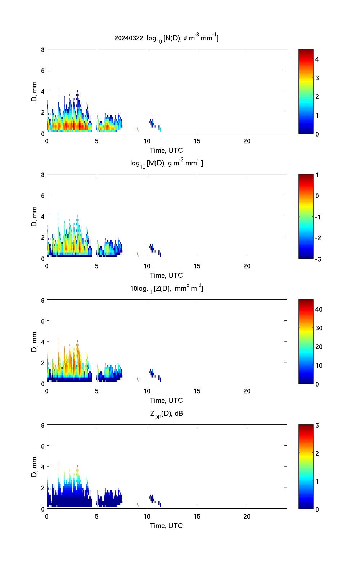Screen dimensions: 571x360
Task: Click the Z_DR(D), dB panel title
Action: coord(166,414)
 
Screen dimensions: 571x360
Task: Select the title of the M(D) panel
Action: coord(166,163)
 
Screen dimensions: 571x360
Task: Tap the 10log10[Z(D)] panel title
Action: coord(166,289)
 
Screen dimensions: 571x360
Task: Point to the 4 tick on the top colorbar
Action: coord(317,59)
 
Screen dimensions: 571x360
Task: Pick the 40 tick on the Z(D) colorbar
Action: coord(319,309)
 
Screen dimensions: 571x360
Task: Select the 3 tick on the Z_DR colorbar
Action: coord(317,425)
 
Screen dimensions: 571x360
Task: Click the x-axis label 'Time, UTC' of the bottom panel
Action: coord(166,526)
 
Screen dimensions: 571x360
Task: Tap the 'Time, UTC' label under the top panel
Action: coord(166,150)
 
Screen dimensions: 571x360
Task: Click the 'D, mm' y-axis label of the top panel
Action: coord(35,92)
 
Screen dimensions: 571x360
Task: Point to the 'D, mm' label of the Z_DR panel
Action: coord(35,467)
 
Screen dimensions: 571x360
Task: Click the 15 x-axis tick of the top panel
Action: coord(197,141)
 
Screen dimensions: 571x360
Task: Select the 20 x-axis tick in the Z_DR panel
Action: coord(247,517)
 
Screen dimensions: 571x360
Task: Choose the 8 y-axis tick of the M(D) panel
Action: coord(43,175)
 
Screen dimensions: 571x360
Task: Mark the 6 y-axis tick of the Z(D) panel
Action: coord(43,321)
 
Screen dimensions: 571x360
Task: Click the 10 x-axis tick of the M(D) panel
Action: coord(147,266)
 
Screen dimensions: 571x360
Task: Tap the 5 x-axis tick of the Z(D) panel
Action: coord(97,391)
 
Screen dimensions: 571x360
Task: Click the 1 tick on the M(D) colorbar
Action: coord(317,175)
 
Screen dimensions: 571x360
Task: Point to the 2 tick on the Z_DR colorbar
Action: coord(317,453)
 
